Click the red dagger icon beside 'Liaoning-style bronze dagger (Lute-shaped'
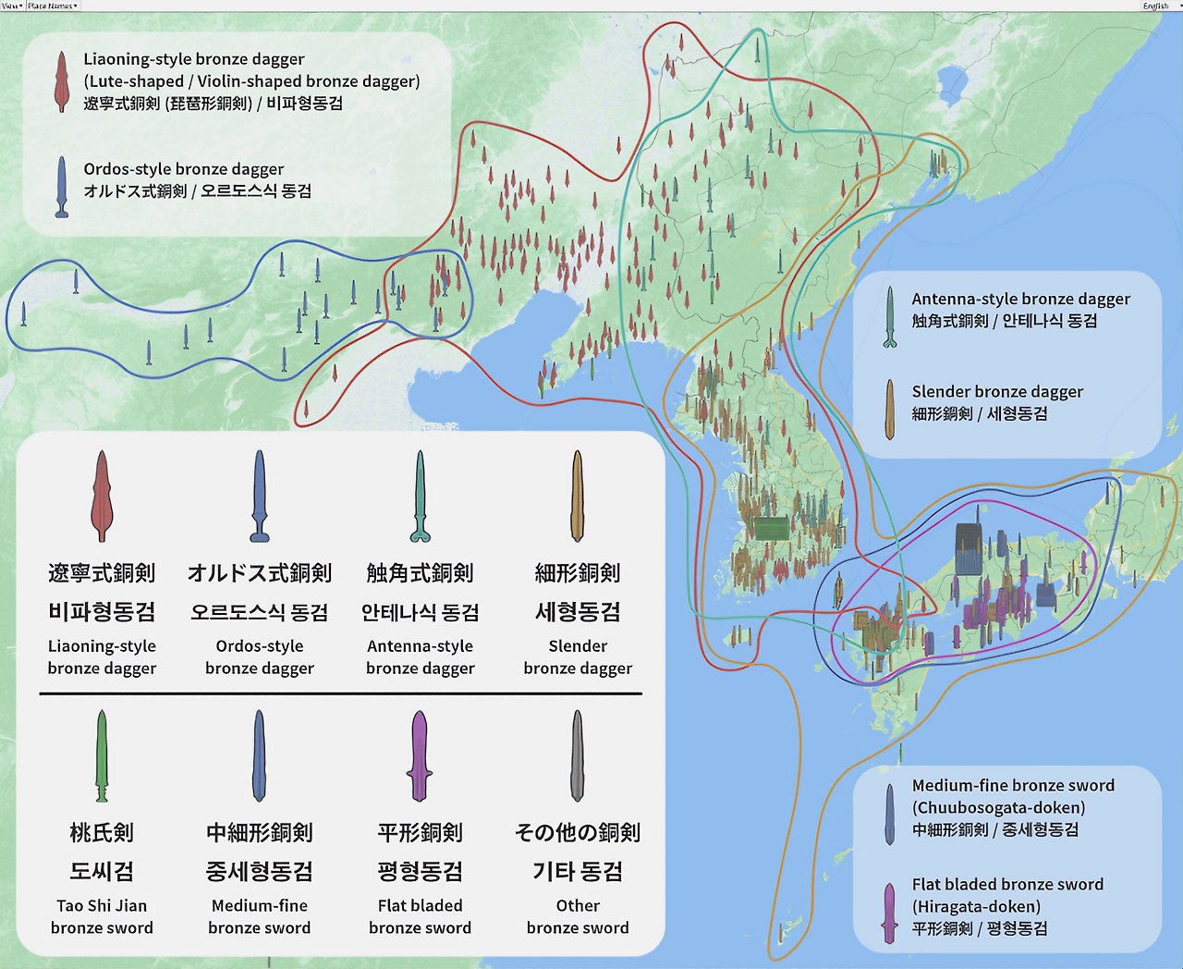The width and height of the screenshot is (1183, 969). pyautogui.click(x=61, y=81)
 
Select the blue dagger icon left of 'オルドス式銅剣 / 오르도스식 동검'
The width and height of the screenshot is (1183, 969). pyautogui.click(x=61, y=187)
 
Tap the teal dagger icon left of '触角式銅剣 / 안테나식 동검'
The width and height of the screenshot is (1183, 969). pyautogui.click(x=889, y=316)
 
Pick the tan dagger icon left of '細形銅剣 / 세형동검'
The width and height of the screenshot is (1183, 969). pyautogui.click(x=889, y=409)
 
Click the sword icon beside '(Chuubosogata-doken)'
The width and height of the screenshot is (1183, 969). pyautogui.click(x=889, y=815)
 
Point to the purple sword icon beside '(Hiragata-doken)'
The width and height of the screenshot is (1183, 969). pyautogui.click(x=889, y=913)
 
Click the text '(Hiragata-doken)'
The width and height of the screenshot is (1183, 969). pyautogui.click(x=976, y=906)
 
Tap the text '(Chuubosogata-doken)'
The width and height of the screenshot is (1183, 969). pyautogui.click(x=998, y=807)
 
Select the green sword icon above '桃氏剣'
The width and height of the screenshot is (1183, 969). pyautogui.click(x=102, y=755)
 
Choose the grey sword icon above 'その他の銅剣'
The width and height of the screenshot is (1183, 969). pyautogui.click(x=578, y=755)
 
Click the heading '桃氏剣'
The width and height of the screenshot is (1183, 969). pyautogui.click(x=102, y=833)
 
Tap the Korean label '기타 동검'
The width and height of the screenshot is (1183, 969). pyautogui.click(x=578, y=872)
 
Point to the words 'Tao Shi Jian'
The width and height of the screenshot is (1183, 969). pyautogui.click(x=102, y=906)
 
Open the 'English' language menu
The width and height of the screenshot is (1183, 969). pyautogui.click(x=1155, y=6)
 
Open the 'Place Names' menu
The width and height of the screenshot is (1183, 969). pyautogui.click(x=52, y=6)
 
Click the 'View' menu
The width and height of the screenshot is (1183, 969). pyautogui.click(x=12, y=6)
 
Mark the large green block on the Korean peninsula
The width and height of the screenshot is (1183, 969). pyautogui.click(x=772, y=528)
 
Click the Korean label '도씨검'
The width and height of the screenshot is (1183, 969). pyautogui.click(x=102, y=872)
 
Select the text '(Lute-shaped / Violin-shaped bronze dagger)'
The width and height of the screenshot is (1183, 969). pyautogui.click(x=251, y=81)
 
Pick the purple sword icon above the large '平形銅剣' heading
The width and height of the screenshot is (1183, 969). pyautogui.click(x=420, y=755)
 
